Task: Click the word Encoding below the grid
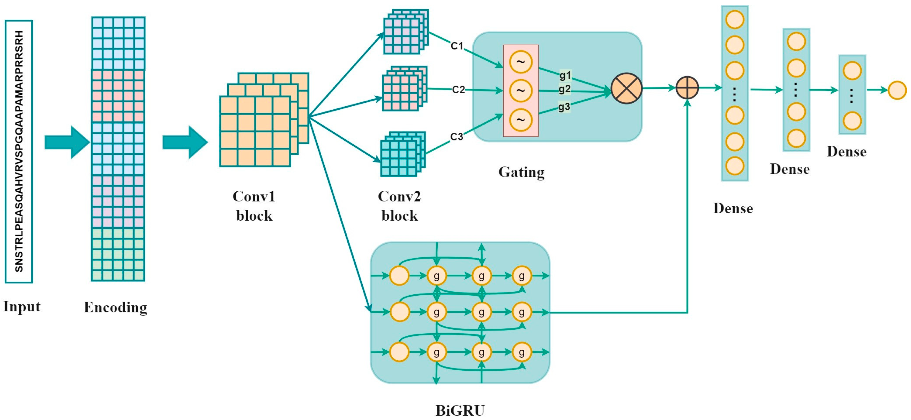click(x=115, y=307)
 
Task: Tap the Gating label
click(x=521, y=172)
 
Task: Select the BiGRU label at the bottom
click(x=460, y=410)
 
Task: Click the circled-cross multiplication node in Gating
click(x=626, y=88)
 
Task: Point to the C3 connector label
click(x=457, y=137)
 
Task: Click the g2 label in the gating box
click(x=564, y=89)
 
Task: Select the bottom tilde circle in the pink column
click(x=521, y=119)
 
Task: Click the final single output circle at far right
click(x=897, y=90)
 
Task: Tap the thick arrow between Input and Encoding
click(x=66, y=142)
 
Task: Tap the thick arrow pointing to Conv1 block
click(x=185, y=142)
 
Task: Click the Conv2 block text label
click(x=399, y=206)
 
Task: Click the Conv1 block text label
click(x=254, y=206)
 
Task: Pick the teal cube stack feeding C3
click(x=402, y=154)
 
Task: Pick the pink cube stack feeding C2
click(x=404, y=89)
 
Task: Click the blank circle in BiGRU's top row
click(x=399, y=275)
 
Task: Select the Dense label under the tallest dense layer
click(x=733, y=208)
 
